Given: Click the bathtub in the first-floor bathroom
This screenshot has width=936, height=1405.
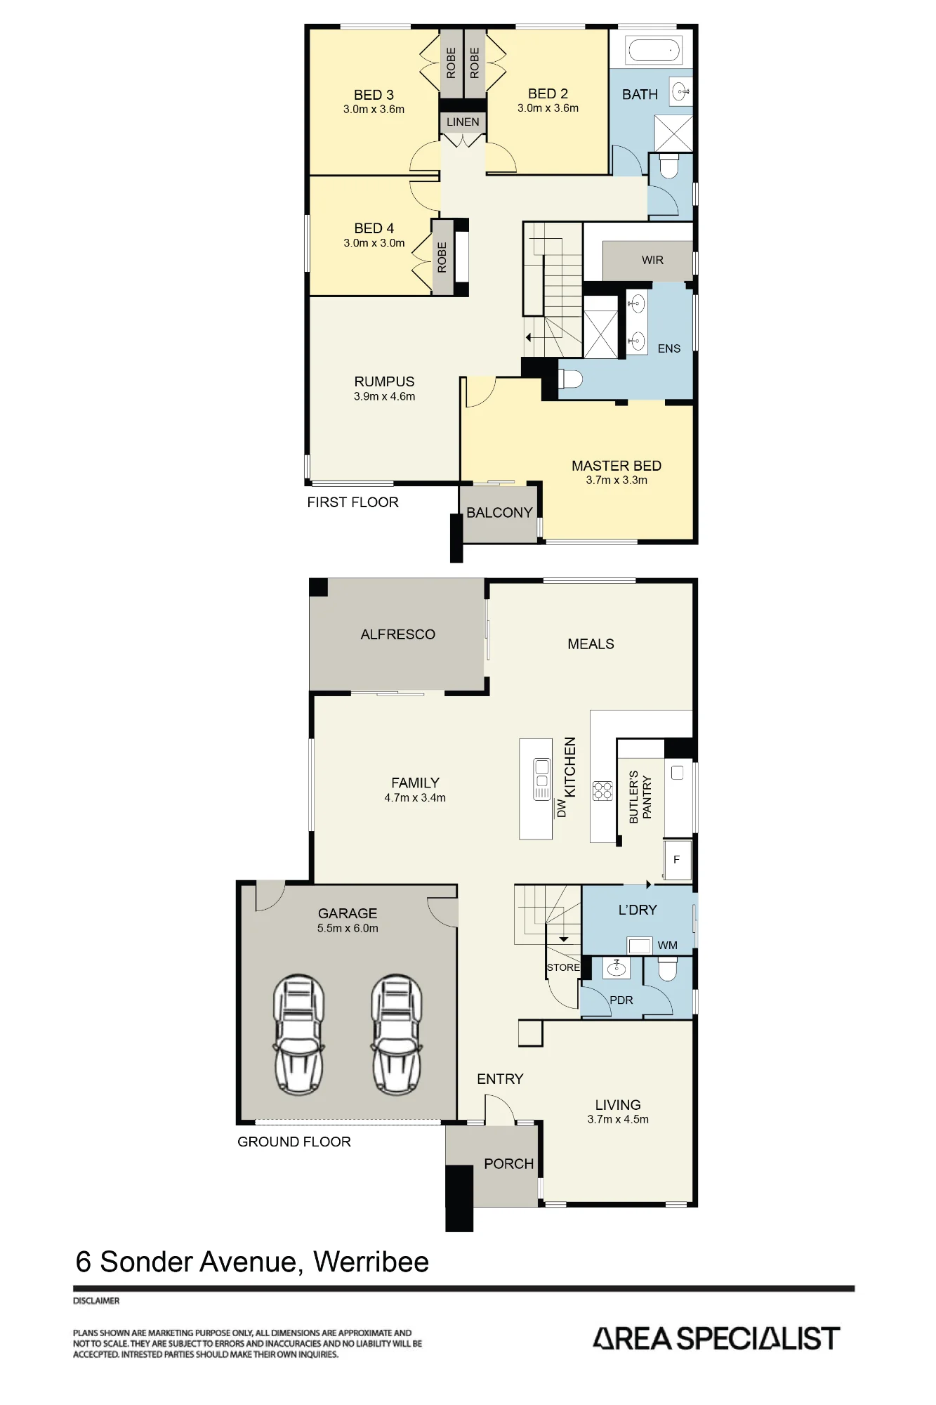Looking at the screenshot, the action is pos(654,50).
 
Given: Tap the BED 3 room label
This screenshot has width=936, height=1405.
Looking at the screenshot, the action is pos(374,95).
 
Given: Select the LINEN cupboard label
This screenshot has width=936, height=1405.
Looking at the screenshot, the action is pos(463,122).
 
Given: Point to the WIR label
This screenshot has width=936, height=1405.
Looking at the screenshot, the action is pos(652,260).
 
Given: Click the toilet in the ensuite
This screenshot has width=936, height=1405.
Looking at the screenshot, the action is pos(571,379).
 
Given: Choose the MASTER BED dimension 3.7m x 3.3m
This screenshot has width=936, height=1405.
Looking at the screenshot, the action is pos(617,481).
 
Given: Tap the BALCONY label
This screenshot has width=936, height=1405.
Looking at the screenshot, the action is pos(499,513).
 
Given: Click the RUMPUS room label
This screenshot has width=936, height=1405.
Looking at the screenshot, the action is pos(384,381).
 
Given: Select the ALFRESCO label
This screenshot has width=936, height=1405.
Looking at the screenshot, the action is pos(397,634).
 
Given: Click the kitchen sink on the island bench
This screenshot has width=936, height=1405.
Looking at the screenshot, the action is pos(542,778).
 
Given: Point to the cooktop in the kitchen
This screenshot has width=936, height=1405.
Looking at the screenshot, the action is pos(602,791).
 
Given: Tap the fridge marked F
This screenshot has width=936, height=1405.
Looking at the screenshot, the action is pos(677,859).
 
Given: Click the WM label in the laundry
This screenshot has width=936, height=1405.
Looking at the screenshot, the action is pos(667,946).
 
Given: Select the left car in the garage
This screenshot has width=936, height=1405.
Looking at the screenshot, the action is pos(299,1034).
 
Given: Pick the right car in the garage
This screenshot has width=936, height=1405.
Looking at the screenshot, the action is pos(397,1034).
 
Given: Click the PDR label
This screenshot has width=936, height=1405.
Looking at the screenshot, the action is pos(621,1000).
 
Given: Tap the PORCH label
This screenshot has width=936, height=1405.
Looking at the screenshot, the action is pos(509,1164).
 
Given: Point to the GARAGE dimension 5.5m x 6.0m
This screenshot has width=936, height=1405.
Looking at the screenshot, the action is pos(348,928).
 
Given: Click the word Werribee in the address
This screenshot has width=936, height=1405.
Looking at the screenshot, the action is pos(371,1262).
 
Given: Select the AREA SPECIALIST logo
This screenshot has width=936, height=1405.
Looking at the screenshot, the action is pos(716,1339).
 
